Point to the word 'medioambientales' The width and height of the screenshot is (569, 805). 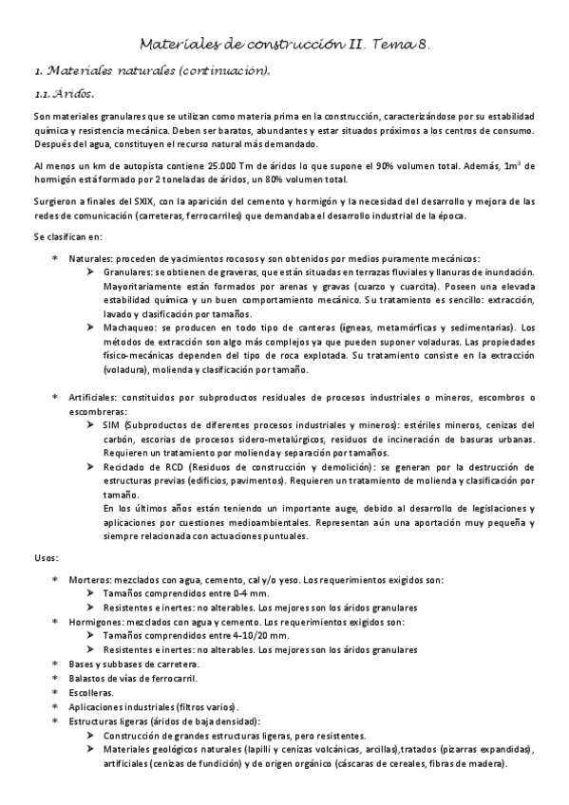click(x=283, y=522)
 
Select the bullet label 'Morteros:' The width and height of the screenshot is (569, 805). click(x=93, y=580)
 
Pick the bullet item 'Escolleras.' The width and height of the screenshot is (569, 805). click(x=91, y=692)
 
